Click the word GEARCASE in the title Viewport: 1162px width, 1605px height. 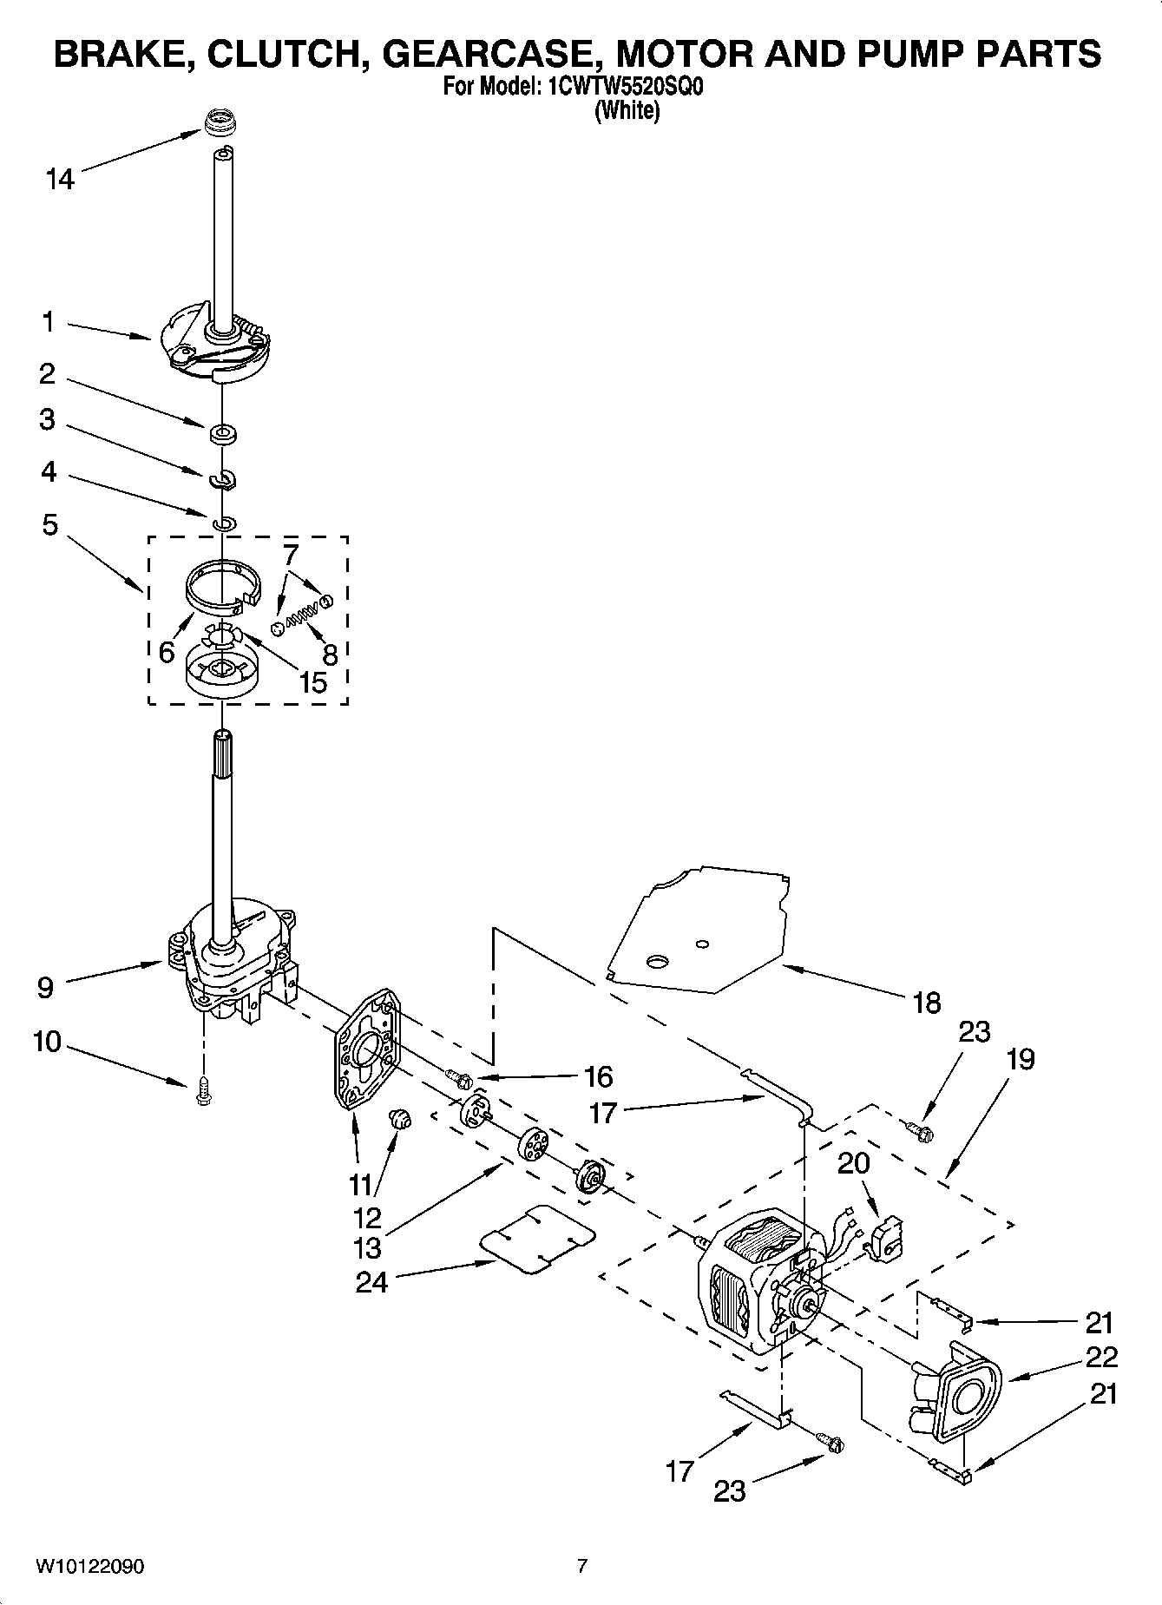(491, 54)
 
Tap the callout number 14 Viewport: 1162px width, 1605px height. (60, 180)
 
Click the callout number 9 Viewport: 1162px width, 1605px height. (45, 987)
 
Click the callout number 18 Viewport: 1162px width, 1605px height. (927, 1003)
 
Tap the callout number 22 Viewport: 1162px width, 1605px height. (1101, 1356)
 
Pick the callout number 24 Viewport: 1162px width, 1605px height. (371, 1282)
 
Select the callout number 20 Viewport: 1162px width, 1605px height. (853, 1163)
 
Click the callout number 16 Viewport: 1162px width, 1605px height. (599, 1076)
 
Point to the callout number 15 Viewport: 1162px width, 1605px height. (312, 682)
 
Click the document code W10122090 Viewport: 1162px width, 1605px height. (90, 1567)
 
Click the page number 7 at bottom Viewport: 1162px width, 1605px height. (582, 1567)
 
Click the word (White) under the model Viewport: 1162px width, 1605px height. (626, 111)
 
